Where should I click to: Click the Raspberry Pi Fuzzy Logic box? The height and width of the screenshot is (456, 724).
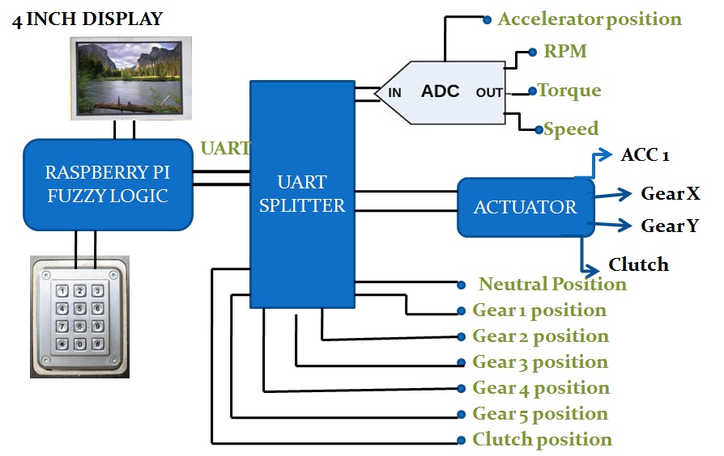tap(108, 184)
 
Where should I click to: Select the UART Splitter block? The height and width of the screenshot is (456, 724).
tap(302, 194)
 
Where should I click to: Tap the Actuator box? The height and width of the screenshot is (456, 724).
tap(525, 207)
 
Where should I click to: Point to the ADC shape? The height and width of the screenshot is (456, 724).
tap(441, 91)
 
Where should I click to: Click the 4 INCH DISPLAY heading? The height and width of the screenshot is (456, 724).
tap(87, 19)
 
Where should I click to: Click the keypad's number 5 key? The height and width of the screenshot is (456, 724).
tap(79, 308)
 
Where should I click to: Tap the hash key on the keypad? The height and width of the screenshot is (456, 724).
tap(97, 344)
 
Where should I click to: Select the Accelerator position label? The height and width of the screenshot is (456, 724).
tap(589, 19)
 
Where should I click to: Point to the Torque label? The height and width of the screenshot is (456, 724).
tap(569, 91)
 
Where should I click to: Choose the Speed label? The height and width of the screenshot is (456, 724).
tap(571, 129)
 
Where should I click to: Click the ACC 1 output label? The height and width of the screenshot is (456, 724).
tap(645, 155)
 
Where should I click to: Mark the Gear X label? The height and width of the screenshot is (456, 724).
tap(671, 194)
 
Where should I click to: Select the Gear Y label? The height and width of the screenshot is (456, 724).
tap(670, 226)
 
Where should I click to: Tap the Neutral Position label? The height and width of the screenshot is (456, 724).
tap(552, 285)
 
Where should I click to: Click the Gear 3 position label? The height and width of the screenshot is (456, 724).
tap(540, 362)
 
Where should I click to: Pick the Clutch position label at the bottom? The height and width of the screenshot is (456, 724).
tap(542, 440)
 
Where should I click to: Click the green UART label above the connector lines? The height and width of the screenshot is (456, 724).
tap(224, 148)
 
